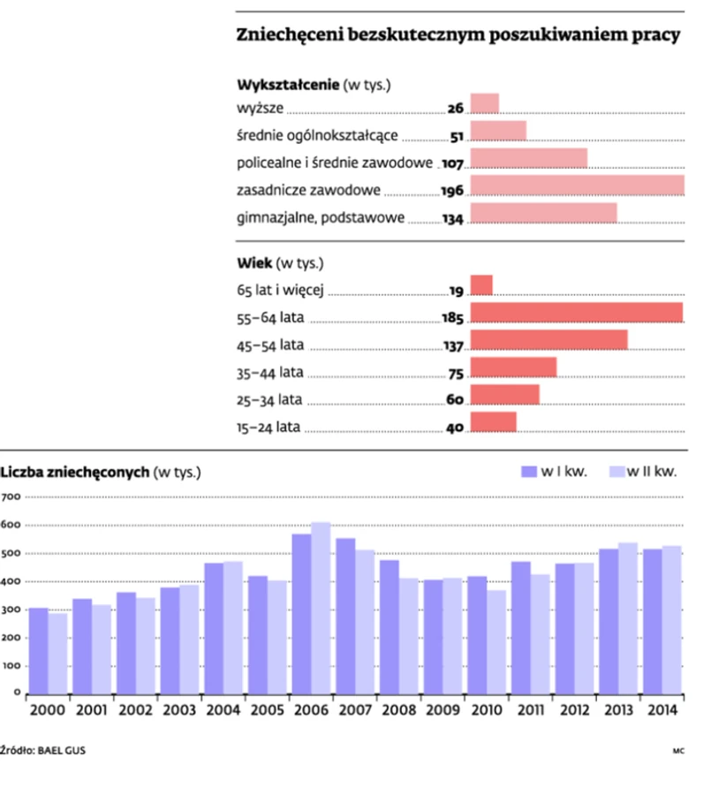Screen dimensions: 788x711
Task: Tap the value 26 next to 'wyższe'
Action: pos(455,109)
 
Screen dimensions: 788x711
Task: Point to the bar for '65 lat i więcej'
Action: pos(481,284)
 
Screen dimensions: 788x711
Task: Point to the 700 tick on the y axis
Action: pos(11,497)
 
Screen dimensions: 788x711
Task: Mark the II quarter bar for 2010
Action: pos(496,640)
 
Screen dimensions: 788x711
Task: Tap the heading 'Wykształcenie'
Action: pos(288,86)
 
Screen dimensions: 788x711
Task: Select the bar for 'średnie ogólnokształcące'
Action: pos(498,132)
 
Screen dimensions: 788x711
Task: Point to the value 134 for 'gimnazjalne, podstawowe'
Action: pos(452,218)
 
